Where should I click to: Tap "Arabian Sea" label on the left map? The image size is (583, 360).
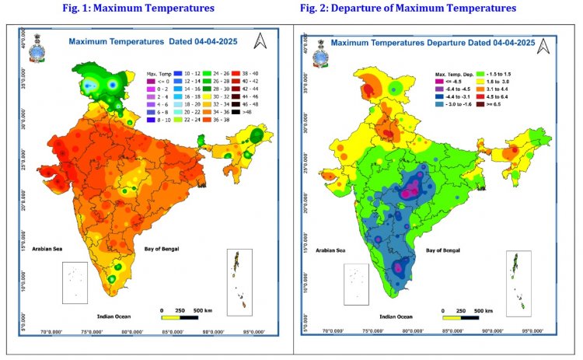coord(47,250)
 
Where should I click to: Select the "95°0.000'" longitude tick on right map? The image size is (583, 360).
coord(532,330)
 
